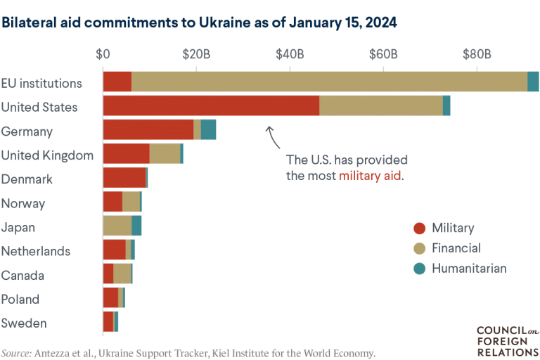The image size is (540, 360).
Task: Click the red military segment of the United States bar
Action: point(211,105)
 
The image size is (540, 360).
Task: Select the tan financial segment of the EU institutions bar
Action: point(329,82)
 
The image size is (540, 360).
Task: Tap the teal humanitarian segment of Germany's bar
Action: point(208,129)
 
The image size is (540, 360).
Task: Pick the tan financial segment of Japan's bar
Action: point(117,225)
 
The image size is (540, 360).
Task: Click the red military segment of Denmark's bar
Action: point(124,177)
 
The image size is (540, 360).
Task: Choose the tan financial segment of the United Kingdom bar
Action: point(165,154)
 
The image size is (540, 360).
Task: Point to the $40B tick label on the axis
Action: point(290,54)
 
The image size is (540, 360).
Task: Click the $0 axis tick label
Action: point(103,54)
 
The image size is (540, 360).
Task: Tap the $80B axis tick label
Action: point(477,54)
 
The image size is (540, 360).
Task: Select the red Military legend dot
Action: point(420,228)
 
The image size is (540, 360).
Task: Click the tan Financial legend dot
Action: point(420,248)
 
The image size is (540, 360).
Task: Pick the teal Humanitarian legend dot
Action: point(420,269)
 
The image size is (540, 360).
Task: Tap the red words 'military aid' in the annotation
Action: point(371,176)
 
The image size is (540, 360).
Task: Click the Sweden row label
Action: point(24,323)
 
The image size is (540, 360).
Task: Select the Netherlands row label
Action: point(36,251)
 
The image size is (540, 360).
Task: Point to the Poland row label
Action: point(20,299)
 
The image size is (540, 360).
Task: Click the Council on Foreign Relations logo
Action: point(508,342)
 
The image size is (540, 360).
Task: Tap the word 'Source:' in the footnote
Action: point(16,354)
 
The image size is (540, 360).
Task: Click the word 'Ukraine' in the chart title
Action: point(225,22)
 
